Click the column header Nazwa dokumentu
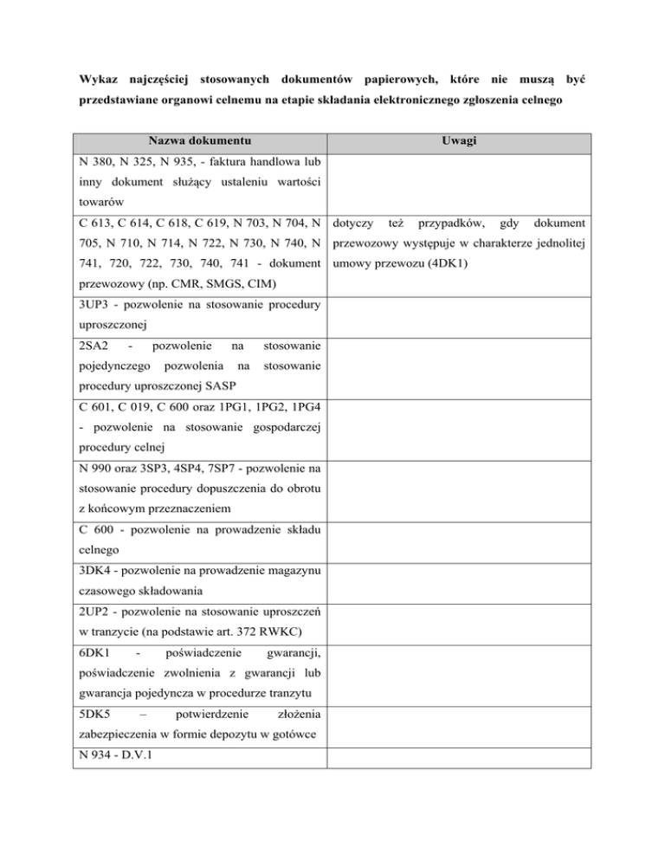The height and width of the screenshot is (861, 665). pyautogui.click(x=198, y=140)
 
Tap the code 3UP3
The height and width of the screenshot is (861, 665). pyautogui.click(x=94, y=307)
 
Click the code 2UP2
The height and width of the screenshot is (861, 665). pyautogui.click(x=94, y=612)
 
